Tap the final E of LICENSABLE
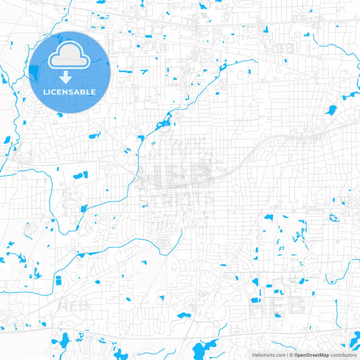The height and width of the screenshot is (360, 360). tap(94, 91)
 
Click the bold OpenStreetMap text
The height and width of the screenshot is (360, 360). tap(311, 354)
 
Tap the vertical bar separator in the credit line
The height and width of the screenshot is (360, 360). tap(288, 354)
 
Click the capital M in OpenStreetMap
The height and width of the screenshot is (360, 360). tap(324, 354)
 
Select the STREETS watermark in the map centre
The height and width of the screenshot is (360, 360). tap(177, 198)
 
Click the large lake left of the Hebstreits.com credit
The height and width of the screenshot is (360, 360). tap(202, 350)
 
